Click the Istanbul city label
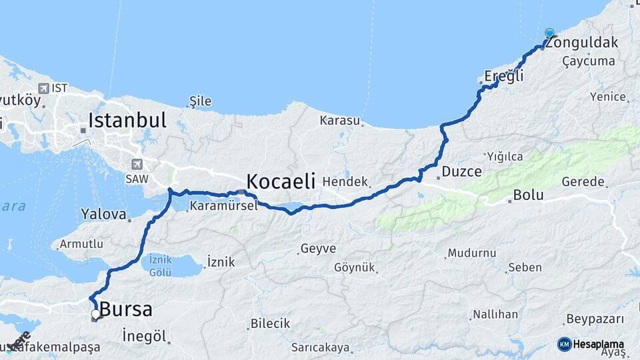point(127,120)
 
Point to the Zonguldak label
point(581,43)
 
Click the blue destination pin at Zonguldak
point(549,33)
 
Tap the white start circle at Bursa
point(96,313)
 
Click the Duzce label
point(461,171)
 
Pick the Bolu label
point(528,196)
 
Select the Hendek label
point(345,181)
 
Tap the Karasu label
point(339,121)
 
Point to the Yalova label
point(103,215)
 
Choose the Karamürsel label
point(223,206)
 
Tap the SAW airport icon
point(137,164)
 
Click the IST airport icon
point(43,88)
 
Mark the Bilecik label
point(270,323)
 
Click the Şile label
point(200,101)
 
